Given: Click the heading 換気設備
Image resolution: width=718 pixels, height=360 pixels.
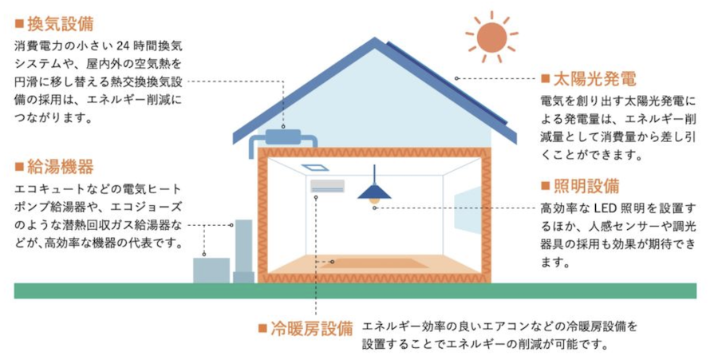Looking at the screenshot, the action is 61,24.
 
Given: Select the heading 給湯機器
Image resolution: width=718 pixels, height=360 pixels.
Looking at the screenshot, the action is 61,167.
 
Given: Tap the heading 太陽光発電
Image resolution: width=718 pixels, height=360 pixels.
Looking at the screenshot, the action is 595,79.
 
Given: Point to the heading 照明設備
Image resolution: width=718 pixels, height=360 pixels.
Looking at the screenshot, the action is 586,187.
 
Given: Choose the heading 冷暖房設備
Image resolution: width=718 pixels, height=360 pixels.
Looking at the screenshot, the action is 312,329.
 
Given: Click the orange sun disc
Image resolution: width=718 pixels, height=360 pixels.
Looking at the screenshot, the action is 491,37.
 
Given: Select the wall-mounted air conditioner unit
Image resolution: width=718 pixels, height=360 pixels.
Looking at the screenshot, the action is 327,186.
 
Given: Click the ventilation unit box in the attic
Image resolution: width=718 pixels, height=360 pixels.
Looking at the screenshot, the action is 282,136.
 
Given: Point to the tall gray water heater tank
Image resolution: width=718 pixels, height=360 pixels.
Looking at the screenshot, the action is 243,251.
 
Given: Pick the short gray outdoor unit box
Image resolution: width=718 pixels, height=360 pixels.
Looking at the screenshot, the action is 211,271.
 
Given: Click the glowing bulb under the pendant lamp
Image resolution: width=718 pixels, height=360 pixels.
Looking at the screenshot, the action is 375,200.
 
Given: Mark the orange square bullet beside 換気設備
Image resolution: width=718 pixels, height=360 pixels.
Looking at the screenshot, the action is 19,24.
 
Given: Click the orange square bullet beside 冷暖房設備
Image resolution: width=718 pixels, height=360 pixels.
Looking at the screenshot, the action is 262,329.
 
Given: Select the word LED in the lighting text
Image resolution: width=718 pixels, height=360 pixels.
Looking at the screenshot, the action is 605,208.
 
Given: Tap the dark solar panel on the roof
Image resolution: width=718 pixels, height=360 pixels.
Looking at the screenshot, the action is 448,83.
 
